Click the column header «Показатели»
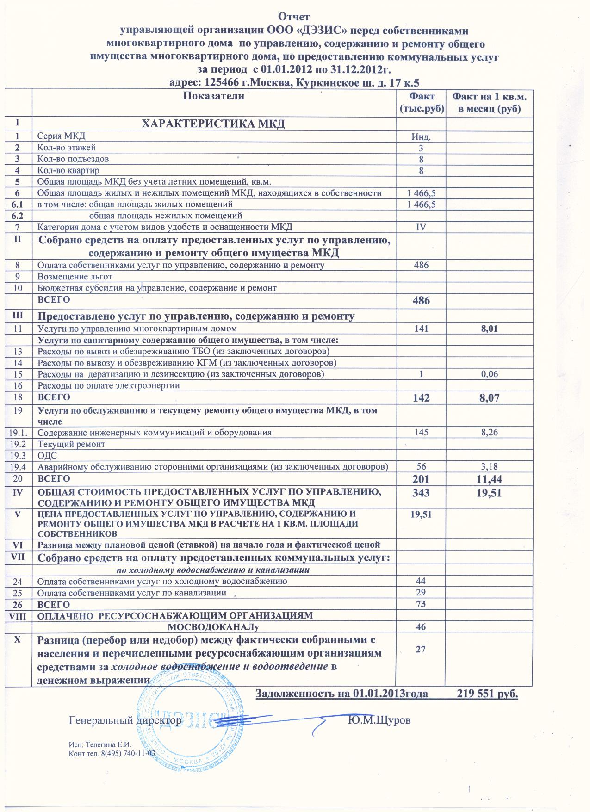pyautogui.click(x=213, y=97)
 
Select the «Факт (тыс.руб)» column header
pyautogui.click(x=422, y=103)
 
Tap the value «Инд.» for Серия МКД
pyautogui.click(x=422, y=137)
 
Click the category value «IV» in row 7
pyautogui.click(x=422, y=227)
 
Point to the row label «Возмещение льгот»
pyautogui.click(x=75, y=277)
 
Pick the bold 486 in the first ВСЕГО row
pyautogui.click(x=422, y=301)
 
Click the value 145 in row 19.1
pyautogui.click(x=422, y=433)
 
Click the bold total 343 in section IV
pyautogui.click(x=422, y=493)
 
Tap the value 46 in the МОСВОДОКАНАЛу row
pyautogui.click(x=422, y=627)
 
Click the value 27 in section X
pyautogui.click(x=422, y=649)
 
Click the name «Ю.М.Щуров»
pyautogui.click(x=379, y=721)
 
